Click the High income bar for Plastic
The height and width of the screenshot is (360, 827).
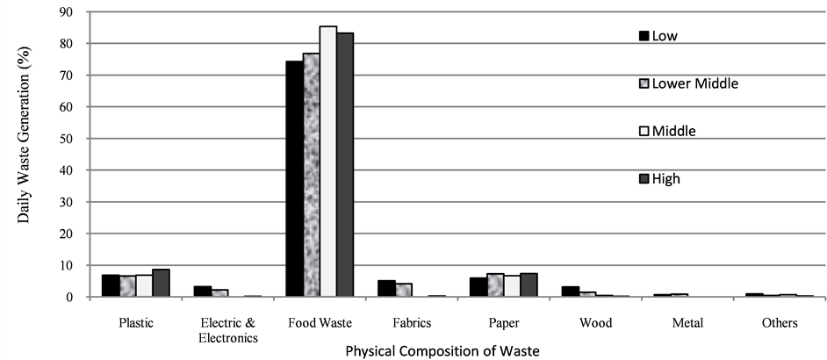(161, 283)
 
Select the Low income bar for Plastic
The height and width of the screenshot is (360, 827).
(111, 285)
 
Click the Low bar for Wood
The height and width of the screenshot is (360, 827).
(571, 292)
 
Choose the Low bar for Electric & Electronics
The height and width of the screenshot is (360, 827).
(203, 292)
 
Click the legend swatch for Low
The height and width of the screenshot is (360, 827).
(643, 36)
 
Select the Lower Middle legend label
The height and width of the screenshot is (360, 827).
(695, 83)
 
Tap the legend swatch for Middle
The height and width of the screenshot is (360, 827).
(643, 131)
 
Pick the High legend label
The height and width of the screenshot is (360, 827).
(666, 178)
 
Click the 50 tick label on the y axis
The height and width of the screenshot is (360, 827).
(67, 138)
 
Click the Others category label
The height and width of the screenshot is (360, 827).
(779, 322)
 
